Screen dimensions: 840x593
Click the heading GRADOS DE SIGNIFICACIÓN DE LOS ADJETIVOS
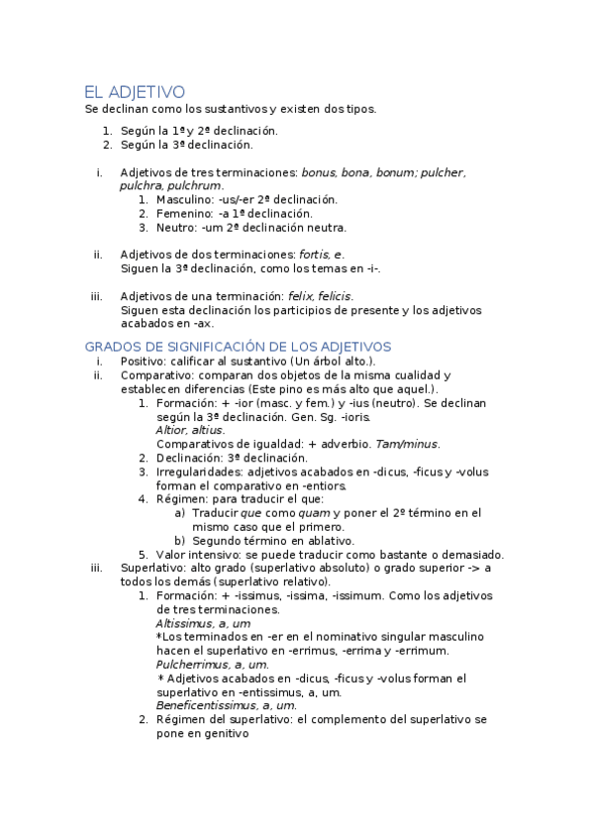coord(238,347)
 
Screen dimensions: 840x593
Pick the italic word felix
coord(299,296)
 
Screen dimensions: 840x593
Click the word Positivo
coord(143,362)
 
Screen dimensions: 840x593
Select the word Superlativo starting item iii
coord(151,568)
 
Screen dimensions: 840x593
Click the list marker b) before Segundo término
coord(180,541)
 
